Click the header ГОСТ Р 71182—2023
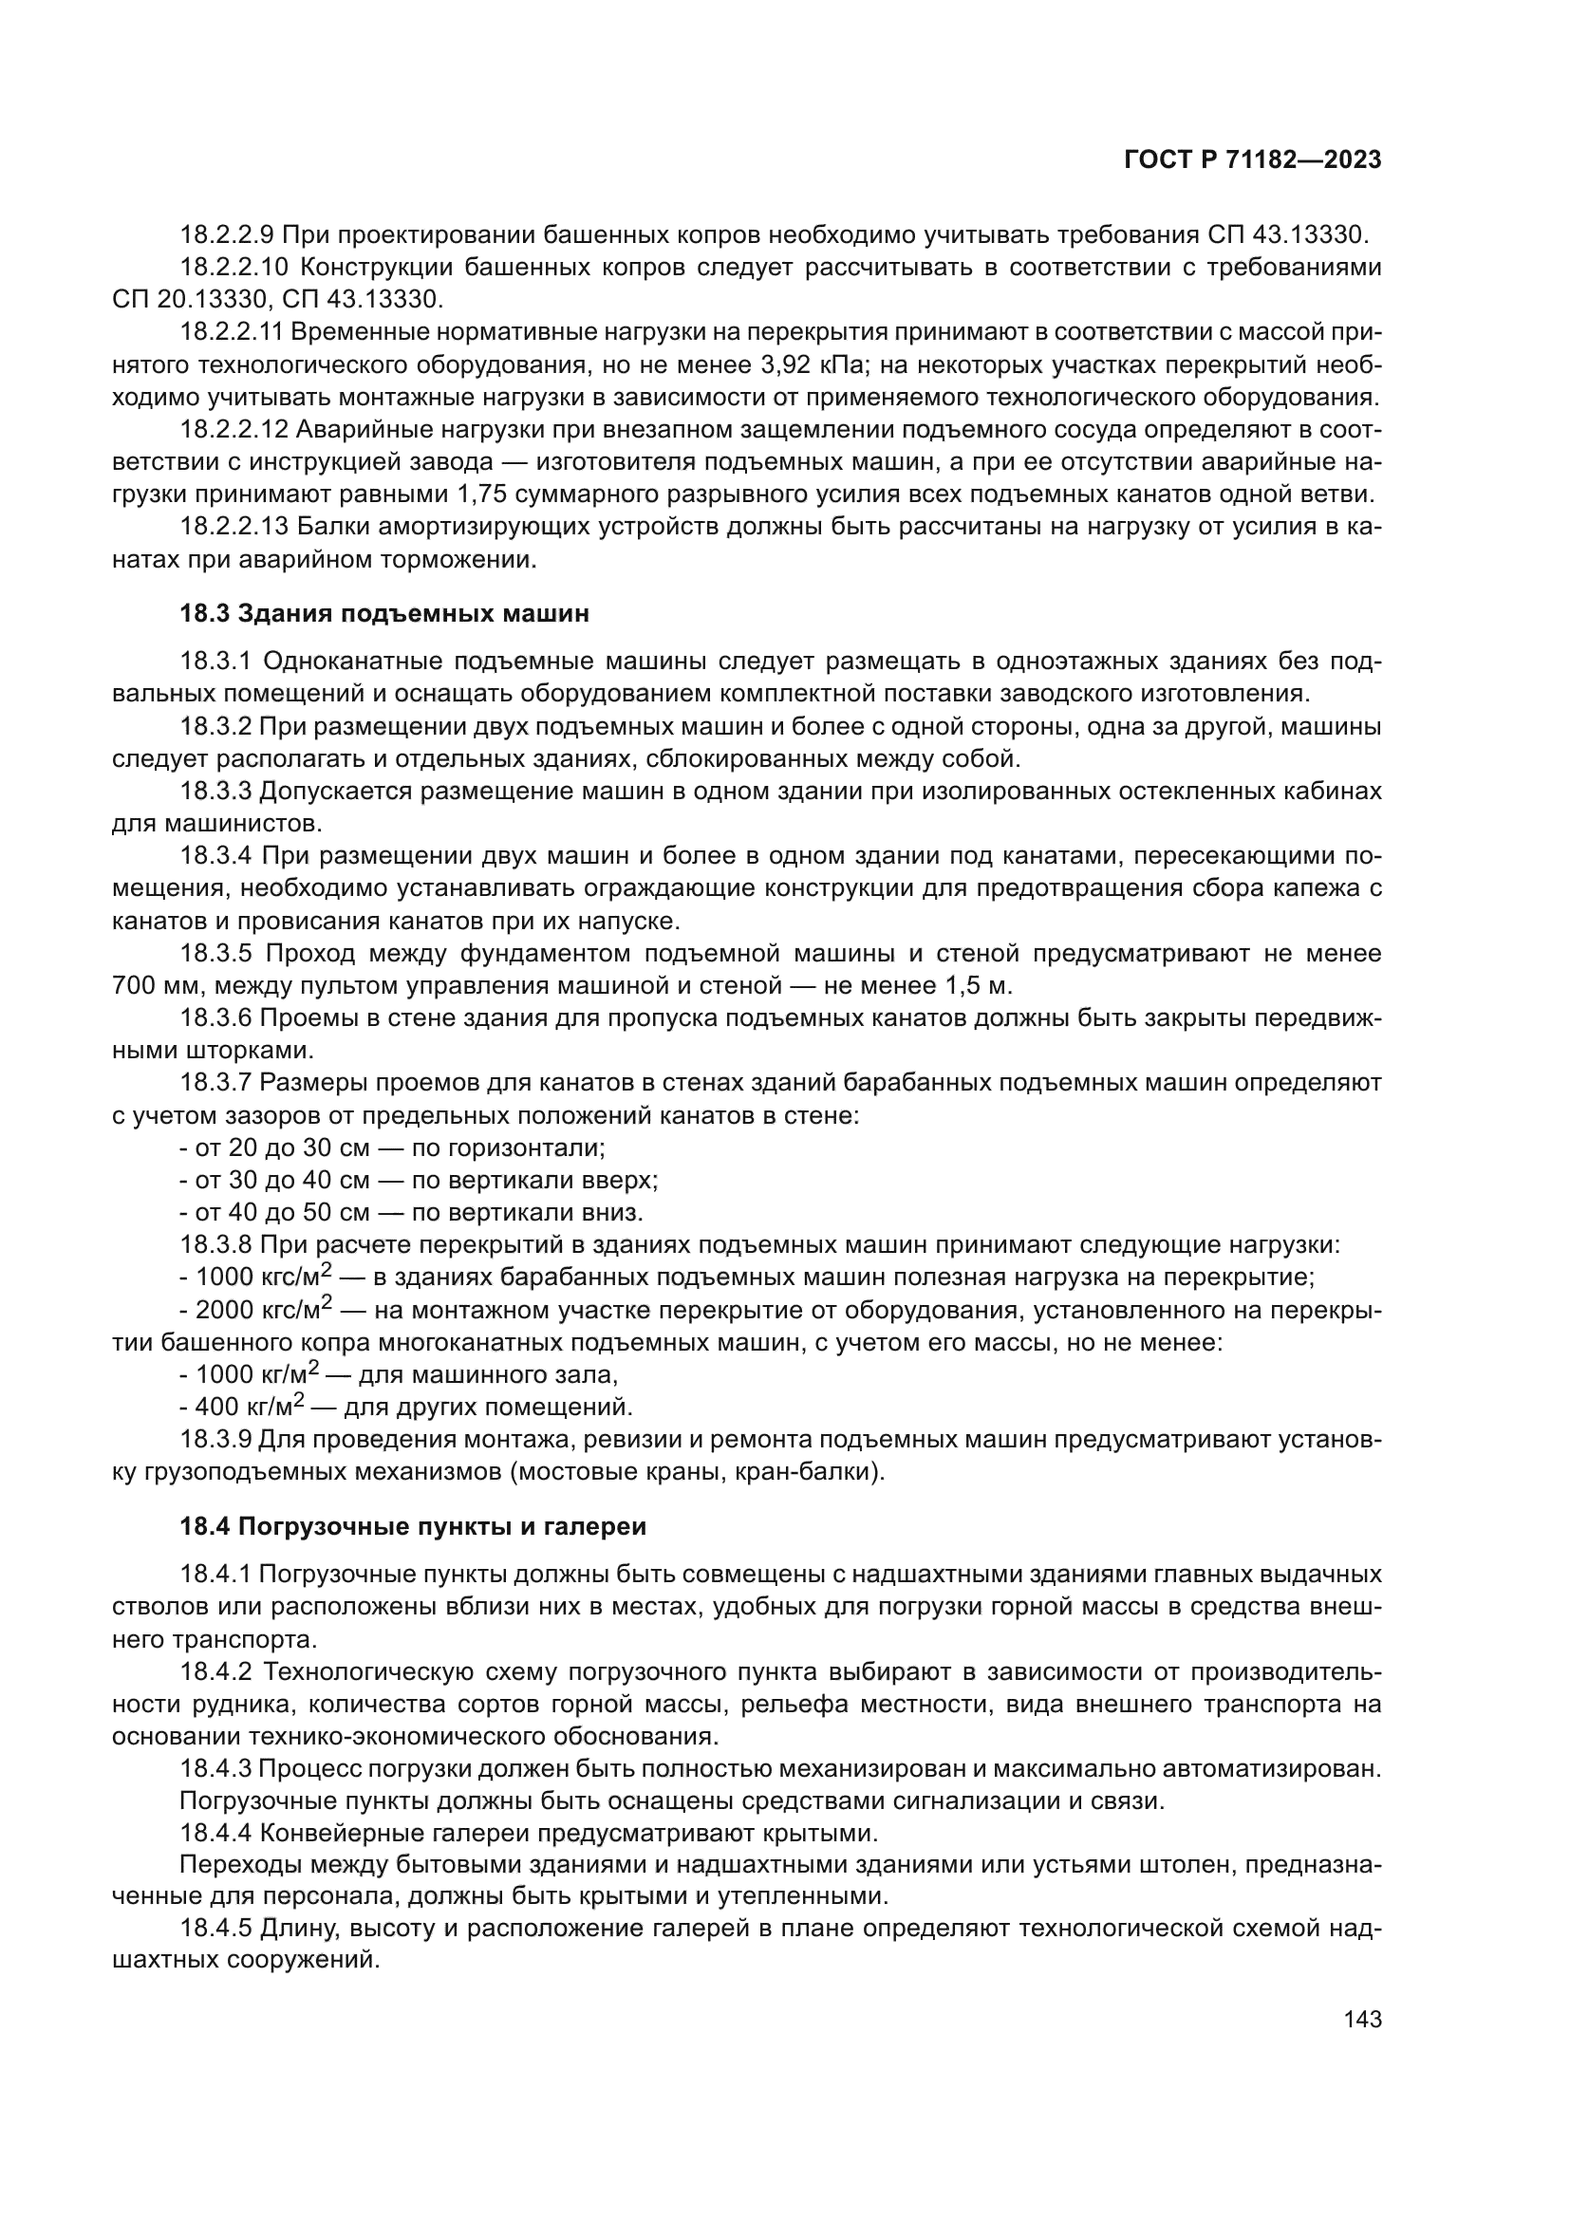1252,160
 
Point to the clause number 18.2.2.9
227,235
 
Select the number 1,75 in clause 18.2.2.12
479,495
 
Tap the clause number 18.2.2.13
234,527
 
